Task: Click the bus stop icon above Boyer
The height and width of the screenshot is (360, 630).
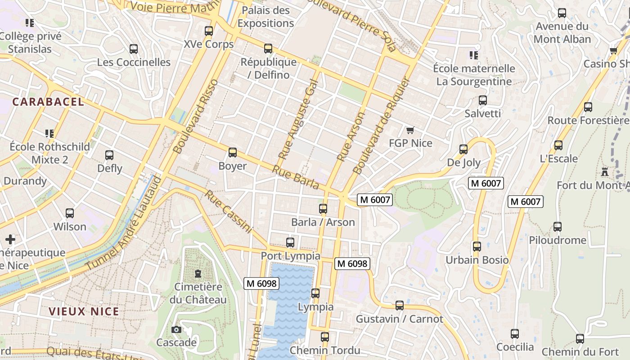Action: (232, 153)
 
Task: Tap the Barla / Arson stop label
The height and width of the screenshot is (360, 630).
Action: (323, 222)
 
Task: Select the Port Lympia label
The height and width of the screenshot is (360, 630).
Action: (290, 256)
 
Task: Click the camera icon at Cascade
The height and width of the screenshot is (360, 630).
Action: (176, 329)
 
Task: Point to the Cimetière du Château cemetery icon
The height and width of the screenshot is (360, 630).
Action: (198, 273)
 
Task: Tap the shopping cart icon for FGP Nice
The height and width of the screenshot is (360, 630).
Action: (410, 130)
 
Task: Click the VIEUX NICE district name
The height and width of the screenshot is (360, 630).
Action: (84, 311)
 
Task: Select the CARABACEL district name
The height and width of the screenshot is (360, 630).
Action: (48, 102)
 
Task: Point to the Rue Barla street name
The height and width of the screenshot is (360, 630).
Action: (296, 177)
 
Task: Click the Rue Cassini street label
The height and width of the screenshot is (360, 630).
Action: (228, 211)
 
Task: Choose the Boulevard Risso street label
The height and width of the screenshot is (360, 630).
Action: (195, 117)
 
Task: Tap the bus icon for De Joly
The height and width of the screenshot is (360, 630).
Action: (463, 149)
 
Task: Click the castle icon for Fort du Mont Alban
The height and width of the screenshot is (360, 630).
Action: (604, 172)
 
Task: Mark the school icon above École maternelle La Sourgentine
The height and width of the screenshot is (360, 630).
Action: (473, 55)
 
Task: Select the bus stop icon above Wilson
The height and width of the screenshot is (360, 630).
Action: (69, 213)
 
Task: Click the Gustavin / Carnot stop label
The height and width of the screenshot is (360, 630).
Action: (399, 319)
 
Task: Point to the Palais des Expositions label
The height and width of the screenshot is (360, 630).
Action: (265, 17)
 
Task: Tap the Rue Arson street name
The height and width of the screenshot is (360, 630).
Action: (351, 137)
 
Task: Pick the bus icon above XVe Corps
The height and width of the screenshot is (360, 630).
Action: (208, 31)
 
